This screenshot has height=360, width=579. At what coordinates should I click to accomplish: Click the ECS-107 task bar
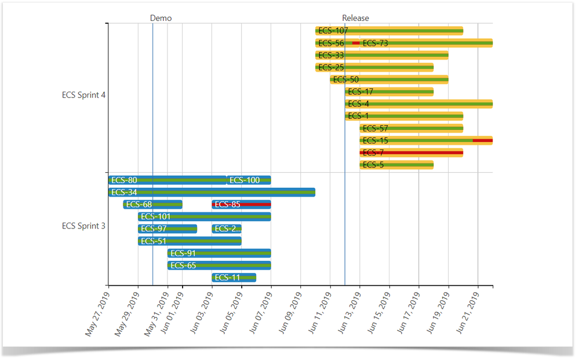tap(389, 31)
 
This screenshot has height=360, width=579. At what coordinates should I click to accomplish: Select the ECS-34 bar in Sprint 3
tap(212, 192)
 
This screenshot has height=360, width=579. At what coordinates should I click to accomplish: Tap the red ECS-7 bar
tap(411, 153)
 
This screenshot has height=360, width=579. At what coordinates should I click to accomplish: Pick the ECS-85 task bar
tap(241, 204)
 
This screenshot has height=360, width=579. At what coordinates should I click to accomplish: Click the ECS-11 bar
tap(234, 278)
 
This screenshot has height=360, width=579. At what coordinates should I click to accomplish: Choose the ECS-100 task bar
tap(249, 180)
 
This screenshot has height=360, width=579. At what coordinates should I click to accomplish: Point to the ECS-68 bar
tap(152, 204)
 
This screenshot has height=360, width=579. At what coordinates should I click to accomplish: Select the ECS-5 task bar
tap(396, 165)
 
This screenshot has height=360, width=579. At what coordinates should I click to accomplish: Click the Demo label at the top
tap(161, 18)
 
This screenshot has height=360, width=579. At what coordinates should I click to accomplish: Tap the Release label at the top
tap(355, 18)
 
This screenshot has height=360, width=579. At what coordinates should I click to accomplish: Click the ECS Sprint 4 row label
tap(83, 95)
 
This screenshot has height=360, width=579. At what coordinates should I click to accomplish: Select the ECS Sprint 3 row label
tap(83, 226)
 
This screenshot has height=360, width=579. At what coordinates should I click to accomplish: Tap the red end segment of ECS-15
tap(482, 141)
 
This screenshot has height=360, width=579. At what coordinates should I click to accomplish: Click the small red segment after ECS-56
tap(356, 43)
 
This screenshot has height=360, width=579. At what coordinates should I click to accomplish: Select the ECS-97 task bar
tap(167, 229)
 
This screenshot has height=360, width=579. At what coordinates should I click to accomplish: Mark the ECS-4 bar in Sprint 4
tap(418, 104)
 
